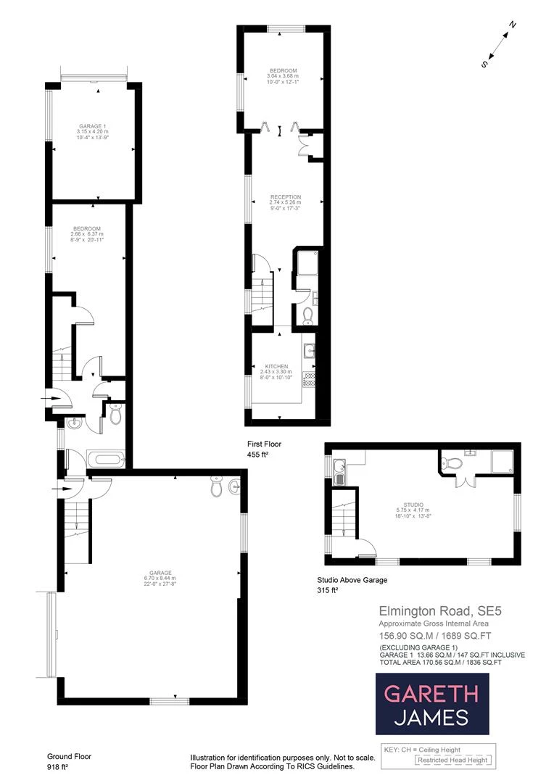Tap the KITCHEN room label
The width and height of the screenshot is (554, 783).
277,367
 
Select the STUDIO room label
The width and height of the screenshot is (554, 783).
414,505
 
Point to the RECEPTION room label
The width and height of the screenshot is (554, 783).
285,197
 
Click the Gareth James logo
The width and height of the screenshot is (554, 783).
431,704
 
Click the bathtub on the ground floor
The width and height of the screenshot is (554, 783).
106,459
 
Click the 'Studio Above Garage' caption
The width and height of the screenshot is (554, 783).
353,580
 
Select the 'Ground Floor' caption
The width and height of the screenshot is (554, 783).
69,756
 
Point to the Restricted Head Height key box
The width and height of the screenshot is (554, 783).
452,761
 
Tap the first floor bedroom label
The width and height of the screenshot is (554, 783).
283,71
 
